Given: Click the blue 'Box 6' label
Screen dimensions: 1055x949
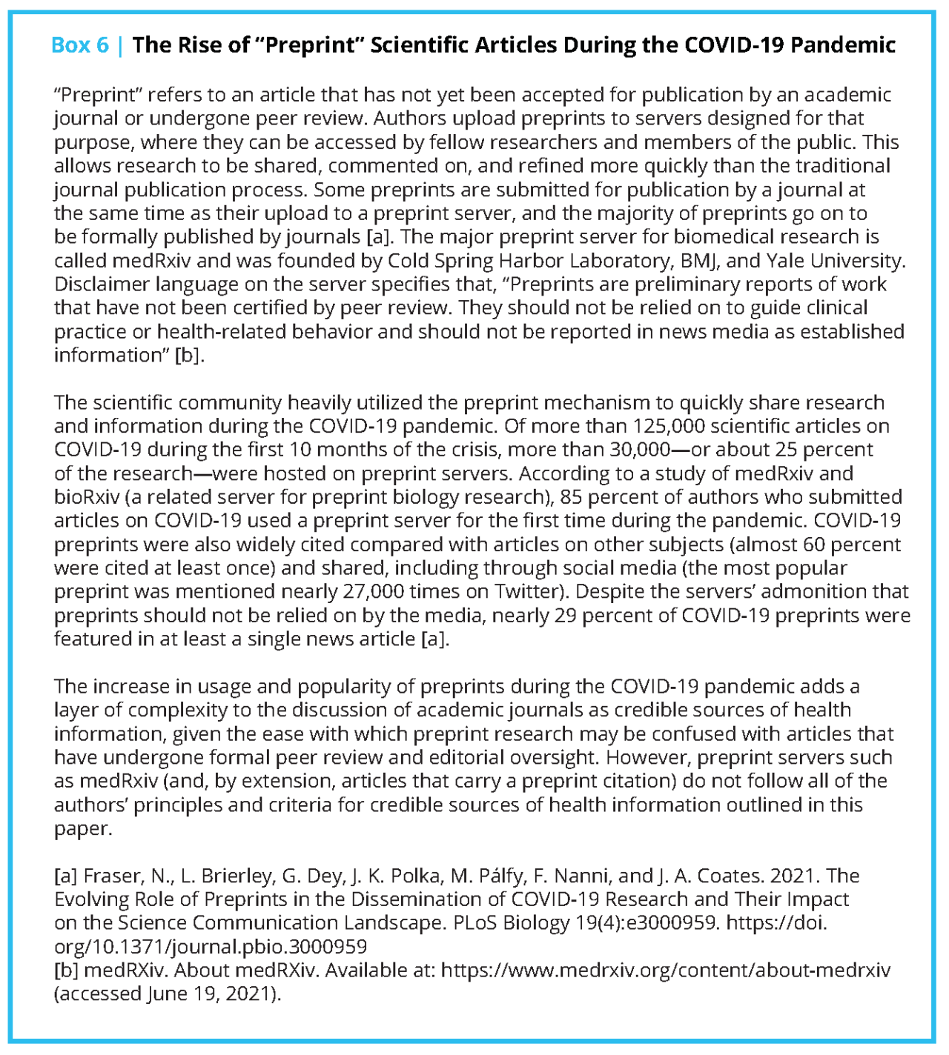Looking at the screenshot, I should coord(80,45).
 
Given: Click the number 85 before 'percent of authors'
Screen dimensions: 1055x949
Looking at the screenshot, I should coord(571,497).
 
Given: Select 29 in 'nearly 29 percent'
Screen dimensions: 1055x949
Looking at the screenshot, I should coord(565,616).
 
